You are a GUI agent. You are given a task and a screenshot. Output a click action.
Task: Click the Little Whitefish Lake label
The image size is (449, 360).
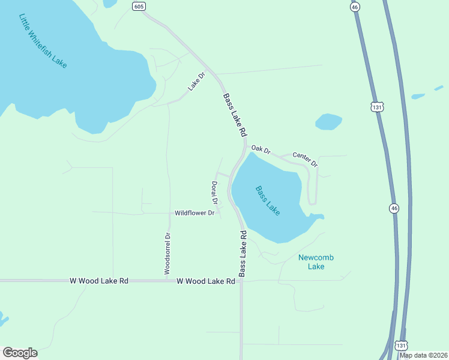43,41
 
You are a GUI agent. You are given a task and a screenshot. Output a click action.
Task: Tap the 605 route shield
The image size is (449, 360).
139,6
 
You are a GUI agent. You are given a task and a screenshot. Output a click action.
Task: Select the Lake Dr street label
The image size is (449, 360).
196,81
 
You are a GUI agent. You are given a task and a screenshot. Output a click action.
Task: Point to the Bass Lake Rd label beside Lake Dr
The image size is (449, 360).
235,114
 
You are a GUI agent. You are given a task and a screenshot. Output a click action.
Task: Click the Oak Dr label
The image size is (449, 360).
261,148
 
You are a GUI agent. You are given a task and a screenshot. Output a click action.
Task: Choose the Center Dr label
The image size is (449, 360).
305,159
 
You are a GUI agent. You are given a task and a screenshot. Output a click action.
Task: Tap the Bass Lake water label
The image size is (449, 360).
268,201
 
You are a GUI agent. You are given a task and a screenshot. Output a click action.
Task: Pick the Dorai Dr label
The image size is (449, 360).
214,192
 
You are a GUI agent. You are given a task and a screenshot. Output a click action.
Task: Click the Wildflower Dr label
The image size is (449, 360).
194,213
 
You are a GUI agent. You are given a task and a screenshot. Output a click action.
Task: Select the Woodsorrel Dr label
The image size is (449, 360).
168,254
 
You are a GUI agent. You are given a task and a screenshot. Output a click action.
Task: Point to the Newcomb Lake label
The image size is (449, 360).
316,262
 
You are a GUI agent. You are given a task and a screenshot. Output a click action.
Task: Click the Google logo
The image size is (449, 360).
20,353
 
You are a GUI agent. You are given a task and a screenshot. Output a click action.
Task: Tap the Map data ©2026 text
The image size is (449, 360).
424,355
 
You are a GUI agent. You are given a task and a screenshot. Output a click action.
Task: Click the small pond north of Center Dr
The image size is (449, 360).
328,121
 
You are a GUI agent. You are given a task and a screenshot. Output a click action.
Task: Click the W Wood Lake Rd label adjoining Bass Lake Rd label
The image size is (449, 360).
205,281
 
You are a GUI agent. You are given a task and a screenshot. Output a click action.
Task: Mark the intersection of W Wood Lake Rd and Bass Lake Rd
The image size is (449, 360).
241,280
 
